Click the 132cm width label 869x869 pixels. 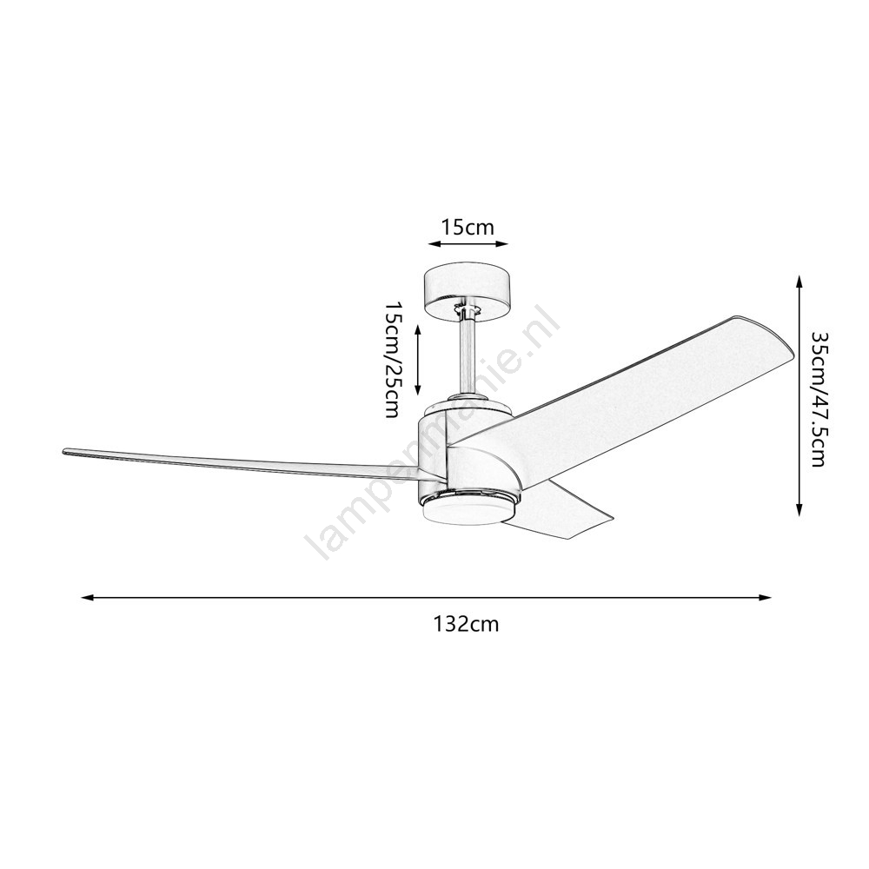click(466, 624)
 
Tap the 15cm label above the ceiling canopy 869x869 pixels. click(468, 227)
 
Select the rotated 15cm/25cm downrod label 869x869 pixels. click(393, 361)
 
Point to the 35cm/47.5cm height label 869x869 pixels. click(818, 399)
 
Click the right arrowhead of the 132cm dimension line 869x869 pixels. click(765, 598)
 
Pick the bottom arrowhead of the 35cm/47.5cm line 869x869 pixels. click(799, 510)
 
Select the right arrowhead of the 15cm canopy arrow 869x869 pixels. click(501, 244)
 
